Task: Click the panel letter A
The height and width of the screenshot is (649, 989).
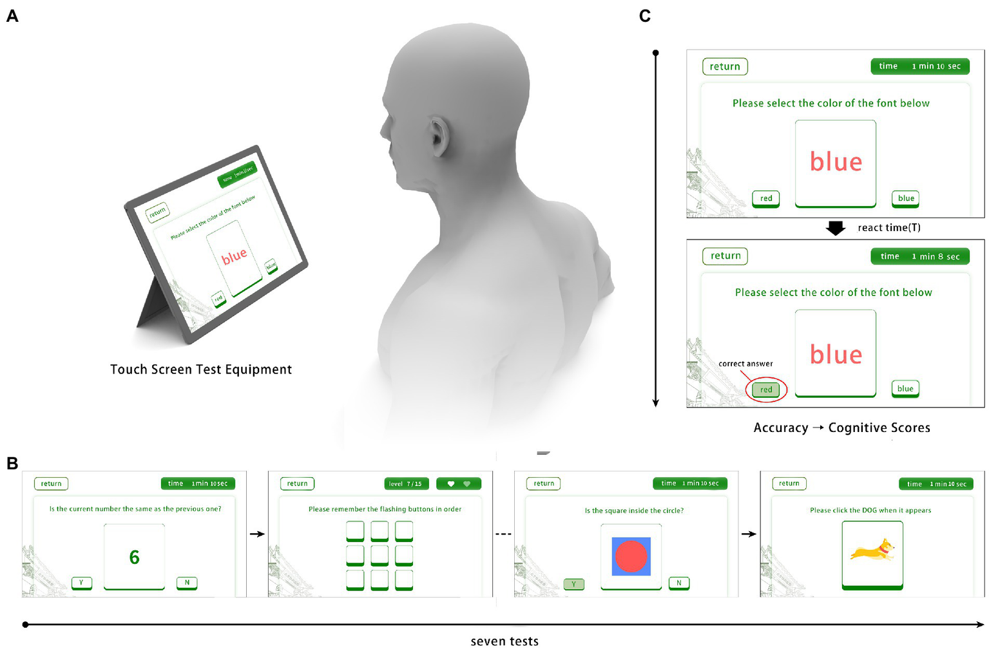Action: tap(12, 15)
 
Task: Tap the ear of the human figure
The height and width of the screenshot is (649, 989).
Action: tap(440, 136)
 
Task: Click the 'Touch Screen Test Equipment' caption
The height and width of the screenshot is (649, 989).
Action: tap(201, 370)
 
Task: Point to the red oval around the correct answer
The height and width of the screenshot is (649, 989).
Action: tap(766, 390)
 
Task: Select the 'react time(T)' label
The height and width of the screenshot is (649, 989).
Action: tap(889, 228)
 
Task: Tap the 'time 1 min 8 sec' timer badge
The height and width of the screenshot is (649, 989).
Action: tap(919, 256)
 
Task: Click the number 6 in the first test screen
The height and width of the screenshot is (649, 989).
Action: tap(134, 558)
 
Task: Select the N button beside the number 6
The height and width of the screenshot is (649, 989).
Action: tap(187, 583)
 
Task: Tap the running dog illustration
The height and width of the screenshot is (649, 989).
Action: tap(872, 550)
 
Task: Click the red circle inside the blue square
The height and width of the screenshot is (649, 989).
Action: tap(631, 557)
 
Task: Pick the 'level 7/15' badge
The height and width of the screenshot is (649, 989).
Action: tap(406, 484)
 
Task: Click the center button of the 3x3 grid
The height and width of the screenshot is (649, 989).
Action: tap(379, 555)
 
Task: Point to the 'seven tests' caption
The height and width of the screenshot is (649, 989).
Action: tap(504, 641)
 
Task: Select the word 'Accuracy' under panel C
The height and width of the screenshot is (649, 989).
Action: tap(781, 428)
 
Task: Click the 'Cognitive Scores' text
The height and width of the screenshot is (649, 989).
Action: tap(879, 428)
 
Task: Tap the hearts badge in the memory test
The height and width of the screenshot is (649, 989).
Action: tap(458, 484)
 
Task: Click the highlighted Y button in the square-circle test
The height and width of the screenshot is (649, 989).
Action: tap(573, 584)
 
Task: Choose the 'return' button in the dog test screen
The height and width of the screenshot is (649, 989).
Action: tap(789, 484)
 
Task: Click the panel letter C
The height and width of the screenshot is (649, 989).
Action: tap(644, 15)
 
